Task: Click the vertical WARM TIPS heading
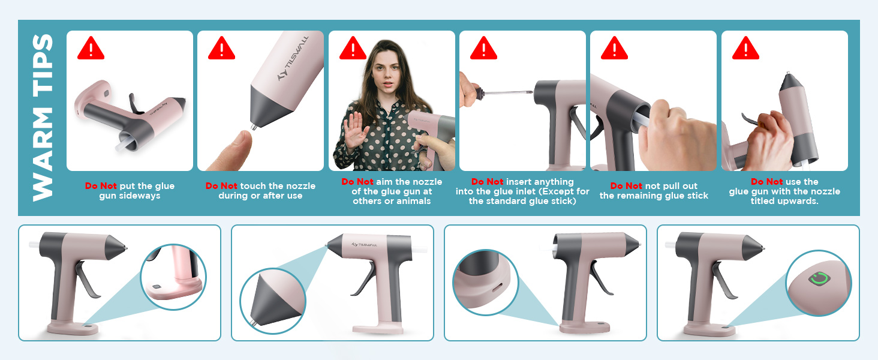(x=43, y=118)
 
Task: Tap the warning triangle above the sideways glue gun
(x=91, y=48)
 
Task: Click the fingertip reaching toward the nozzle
(x=231, y=151)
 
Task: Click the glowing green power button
(x=819, y=279)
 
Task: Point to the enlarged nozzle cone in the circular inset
(x=273, y=301)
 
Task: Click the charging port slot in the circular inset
(x=498, y=288)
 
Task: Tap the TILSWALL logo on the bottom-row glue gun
(x=364, y=245)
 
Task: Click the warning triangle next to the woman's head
(x=353, y=48)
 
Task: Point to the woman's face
(x=386, y=72)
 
